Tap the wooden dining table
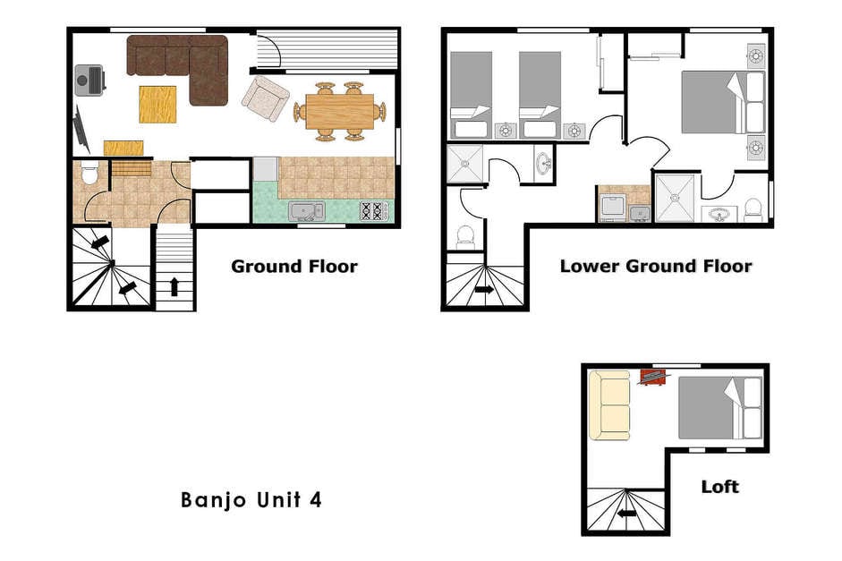339,112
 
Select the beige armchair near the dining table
265,98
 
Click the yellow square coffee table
157,104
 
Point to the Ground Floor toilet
89,173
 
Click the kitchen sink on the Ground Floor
307,211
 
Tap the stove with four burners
373,210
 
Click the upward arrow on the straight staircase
174,286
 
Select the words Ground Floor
294,267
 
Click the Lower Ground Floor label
656,267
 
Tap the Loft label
720,487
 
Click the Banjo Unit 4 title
251,500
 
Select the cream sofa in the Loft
609,405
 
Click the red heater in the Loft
652,377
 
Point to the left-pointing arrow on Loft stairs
626,514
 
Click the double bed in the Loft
720,407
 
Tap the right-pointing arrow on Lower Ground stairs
484,289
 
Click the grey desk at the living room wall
89,81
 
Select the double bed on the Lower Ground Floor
723,102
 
